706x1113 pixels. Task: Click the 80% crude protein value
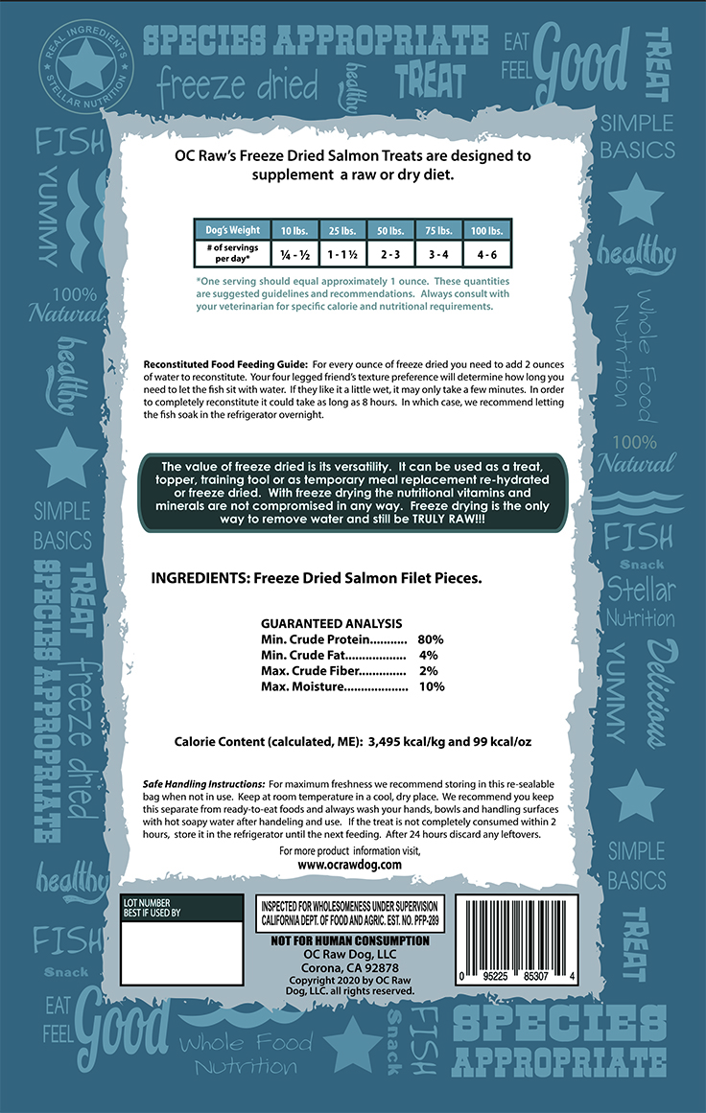[431, 638]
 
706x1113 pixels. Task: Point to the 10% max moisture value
[431, 687]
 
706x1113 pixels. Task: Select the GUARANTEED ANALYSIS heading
[332, 622]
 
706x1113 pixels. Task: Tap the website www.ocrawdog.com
[349, 864]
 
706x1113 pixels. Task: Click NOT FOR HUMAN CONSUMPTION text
[350, 940]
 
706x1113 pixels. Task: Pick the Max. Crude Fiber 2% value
[429, 671]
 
